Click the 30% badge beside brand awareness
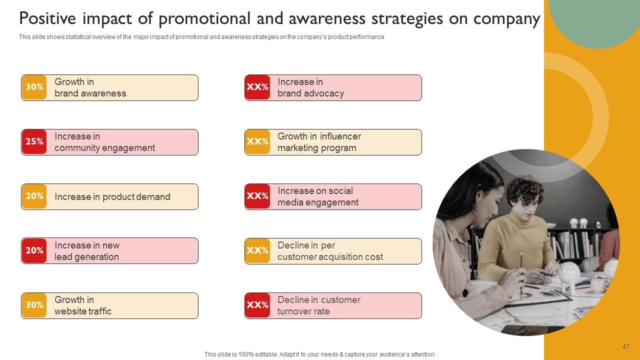(x=34, y=87)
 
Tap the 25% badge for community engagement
(x=34, y=142)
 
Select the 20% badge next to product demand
(x=34, y=196)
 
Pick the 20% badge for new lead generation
(x=34, y=251)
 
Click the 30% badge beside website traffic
(x=34, y=305)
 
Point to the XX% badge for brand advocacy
(x=257, y=87)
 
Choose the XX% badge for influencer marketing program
(x=257, y=142)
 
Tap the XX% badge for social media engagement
(x=257, y=196)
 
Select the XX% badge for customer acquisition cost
(x=257, y=251)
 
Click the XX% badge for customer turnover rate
(x=257, y=305)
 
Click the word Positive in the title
(x=47, y=18)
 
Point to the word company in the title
(x=506, y=19)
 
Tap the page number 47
(x=625, y=346)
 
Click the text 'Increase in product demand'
(x=112, y=197)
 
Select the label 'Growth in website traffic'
(x=83, y=305)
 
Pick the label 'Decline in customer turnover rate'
(x=319, y=305)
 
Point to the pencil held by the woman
(x=521, y=275)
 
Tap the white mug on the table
(x=597, y=285)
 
